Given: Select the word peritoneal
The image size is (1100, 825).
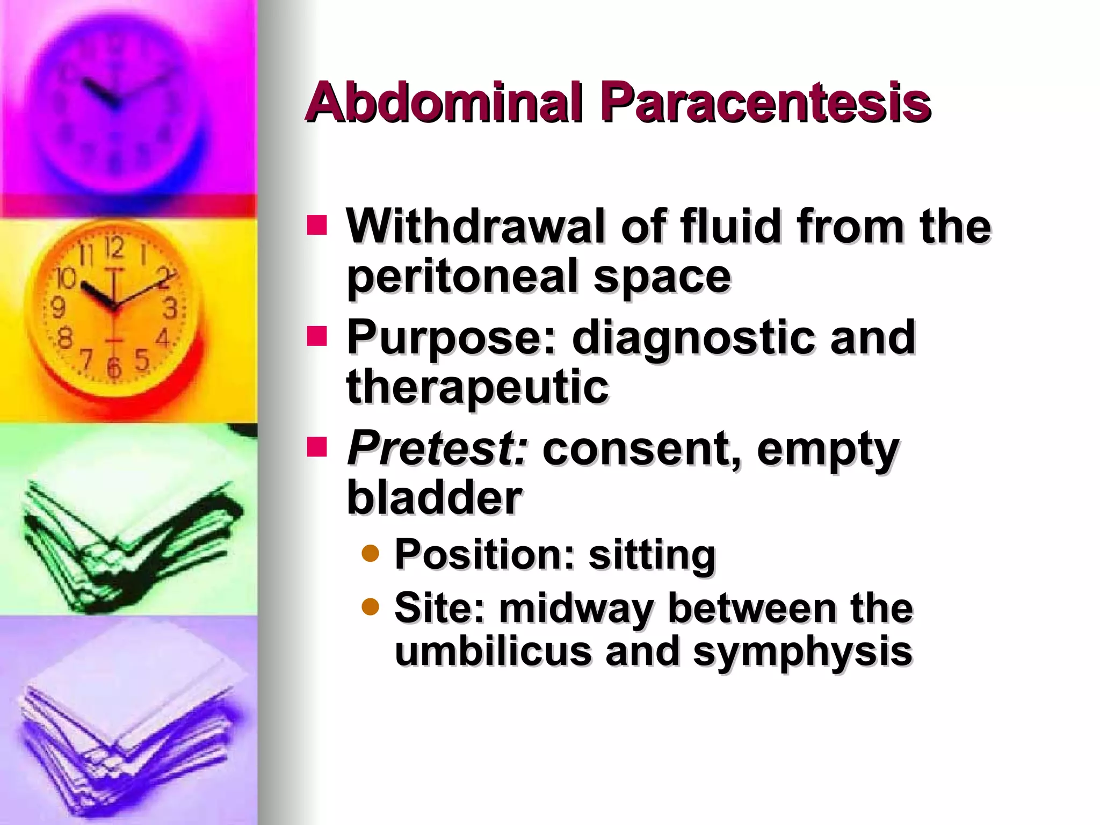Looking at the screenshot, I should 462,277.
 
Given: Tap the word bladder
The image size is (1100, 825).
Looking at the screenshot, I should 434,497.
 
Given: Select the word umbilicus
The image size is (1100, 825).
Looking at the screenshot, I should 493,652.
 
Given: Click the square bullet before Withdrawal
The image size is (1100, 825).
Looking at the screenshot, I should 317,226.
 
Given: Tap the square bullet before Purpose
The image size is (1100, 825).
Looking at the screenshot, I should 317,336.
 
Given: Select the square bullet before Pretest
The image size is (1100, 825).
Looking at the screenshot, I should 317,447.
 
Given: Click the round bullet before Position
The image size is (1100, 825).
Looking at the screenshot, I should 371,553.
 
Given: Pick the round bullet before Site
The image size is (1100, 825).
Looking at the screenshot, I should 371,607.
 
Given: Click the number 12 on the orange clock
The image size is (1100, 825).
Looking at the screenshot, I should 114,247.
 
